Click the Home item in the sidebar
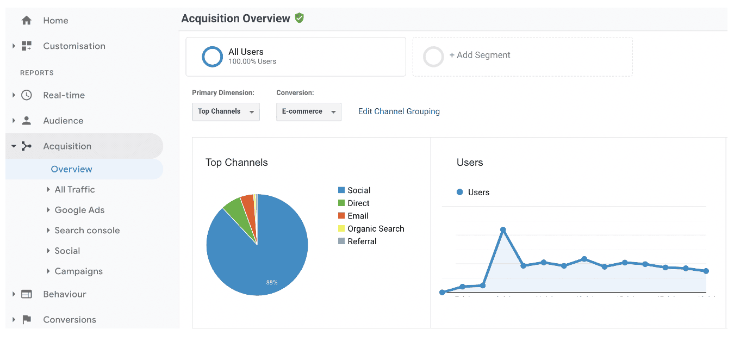[55, 21]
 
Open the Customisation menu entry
[74, 46]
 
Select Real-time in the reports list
[64, 95]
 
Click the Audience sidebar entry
[63, 121]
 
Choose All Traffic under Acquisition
[74, 190]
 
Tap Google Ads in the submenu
[79, 210]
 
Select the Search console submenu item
[87, 231]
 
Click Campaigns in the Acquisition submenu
[78, 271]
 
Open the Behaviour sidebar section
[65, 294]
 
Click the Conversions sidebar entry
[70, 320]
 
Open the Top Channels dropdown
[226, 111]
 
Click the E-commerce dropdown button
[308, 111]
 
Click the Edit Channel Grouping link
[399, 111]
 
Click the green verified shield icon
[299, 18]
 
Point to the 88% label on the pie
[272, 282]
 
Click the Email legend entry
[358, 216]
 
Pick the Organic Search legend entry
[376, 229]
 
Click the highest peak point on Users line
[503, 229]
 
